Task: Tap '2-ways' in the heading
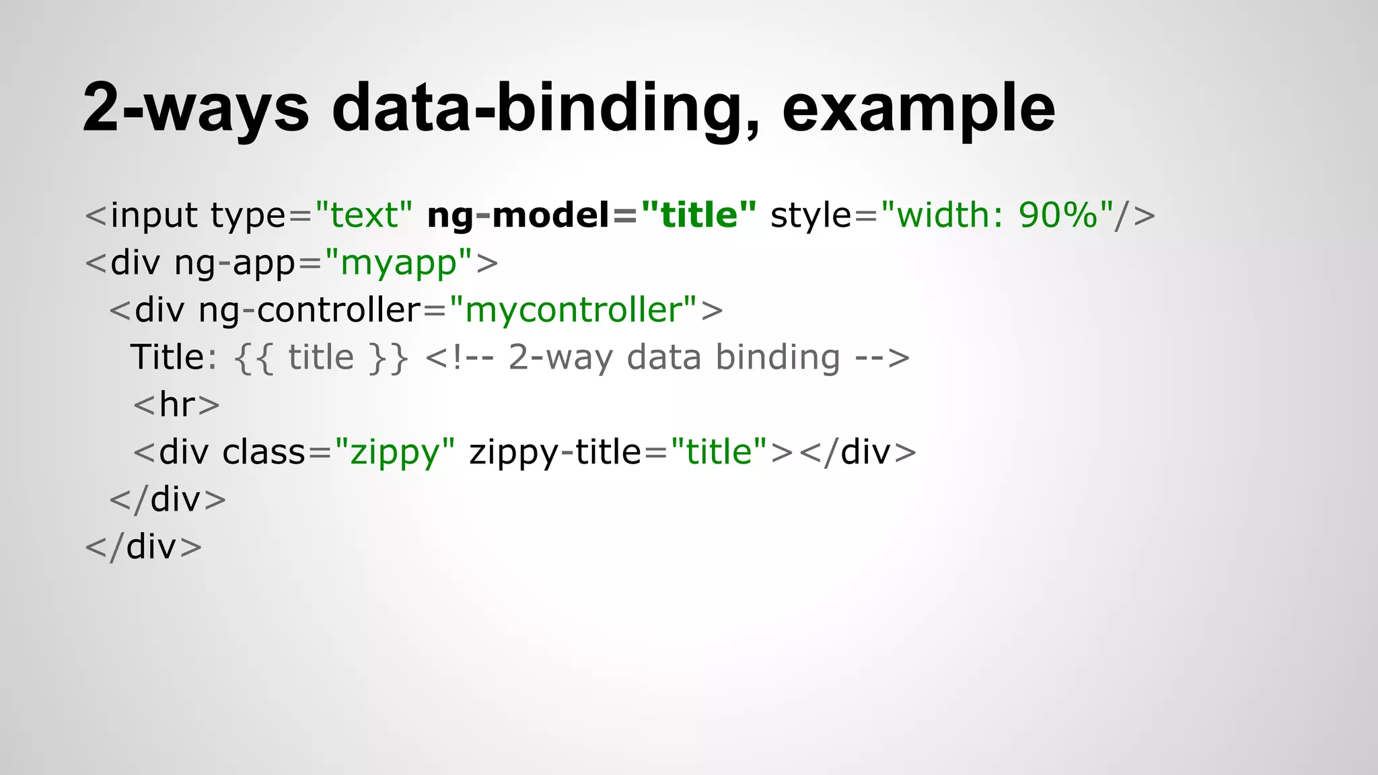[196, 108]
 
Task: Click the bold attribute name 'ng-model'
[518, 215]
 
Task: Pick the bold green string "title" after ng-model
[699, 215]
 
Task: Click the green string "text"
[363, 215]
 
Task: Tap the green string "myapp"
[398, 262]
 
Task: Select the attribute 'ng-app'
[235, 262]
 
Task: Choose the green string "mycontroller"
[573, 310]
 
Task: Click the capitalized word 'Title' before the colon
[167, 357]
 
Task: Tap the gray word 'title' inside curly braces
[321, 357]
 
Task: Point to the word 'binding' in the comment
[777, 357]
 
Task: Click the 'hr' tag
[177, 405]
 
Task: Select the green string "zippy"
[395, 452]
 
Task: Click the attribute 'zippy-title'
[555, 452]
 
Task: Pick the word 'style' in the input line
[811, 215]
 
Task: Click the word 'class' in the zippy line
[264, 452]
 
